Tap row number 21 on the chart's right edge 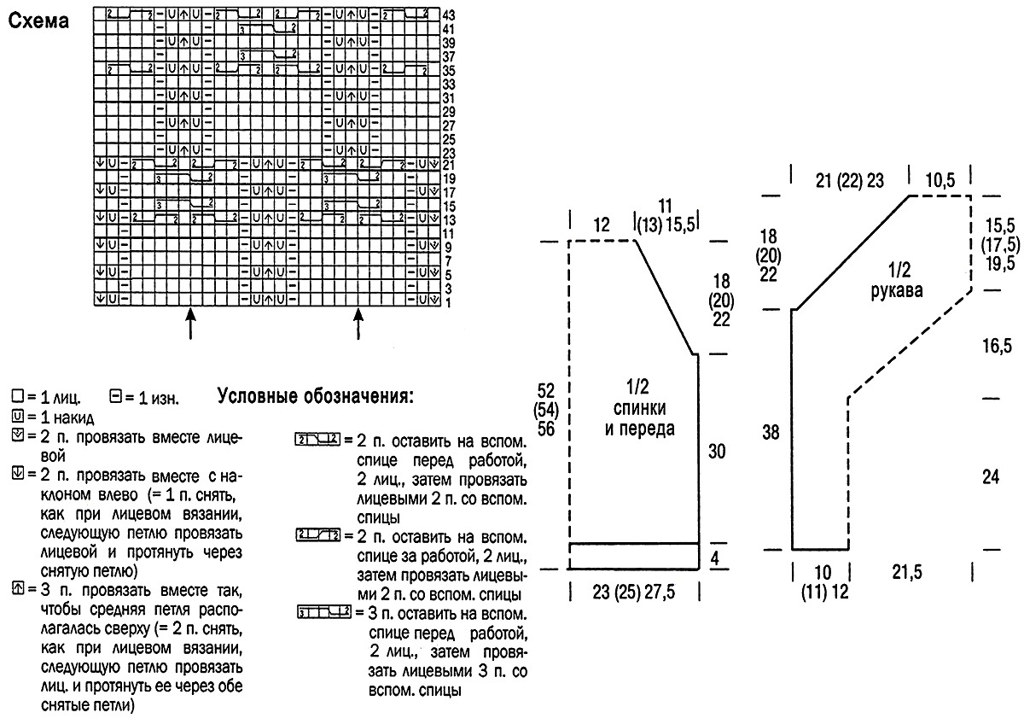coord(450,164)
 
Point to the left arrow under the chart coord(190,324)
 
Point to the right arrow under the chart coord(358,324)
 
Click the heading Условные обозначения coord(316,396)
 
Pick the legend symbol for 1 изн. coord(116,397)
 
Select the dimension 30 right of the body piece coord(718,451)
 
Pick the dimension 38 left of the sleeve coord(771,433)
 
